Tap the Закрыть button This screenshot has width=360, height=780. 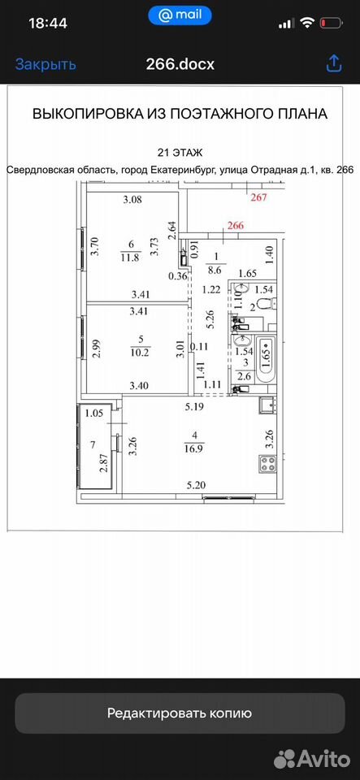click(x=46, y=64)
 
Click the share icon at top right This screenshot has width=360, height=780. click(x=333, y=63)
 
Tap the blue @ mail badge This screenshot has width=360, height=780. click(x=180, y=15)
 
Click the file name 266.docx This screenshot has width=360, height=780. click(x=180, y=64)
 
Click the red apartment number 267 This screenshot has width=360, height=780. click(x=259, y=197)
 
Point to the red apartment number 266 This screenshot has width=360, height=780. click(x=236, y=225)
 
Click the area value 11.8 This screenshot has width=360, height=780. click(x=132, y=258)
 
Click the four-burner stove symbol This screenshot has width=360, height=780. click(x=268, y=464)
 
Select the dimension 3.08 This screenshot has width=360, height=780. click(x=132, y=201)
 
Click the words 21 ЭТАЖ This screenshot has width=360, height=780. click(x=180, y=152)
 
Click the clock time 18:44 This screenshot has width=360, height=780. click(x=48, y=23)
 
